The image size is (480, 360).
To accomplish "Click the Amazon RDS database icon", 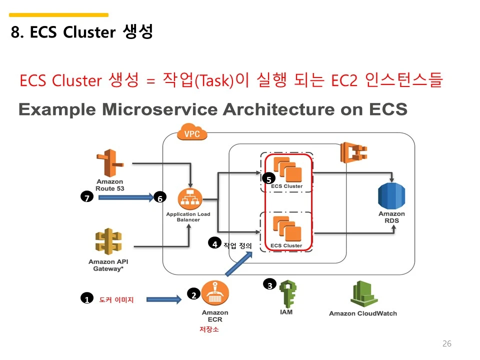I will click(391, 196).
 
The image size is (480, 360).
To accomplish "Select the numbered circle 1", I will click(86, 299).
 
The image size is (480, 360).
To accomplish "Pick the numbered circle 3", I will click(269, 285).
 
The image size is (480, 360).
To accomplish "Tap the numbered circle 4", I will click(215, 244).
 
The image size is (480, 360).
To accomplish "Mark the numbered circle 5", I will click(268, 179).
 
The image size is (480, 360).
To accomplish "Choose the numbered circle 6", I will click(160, 198).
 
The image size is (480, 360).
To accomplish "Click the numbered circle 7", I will click(87, 198).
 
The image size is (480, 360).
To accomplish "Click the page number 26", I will click(447, 343).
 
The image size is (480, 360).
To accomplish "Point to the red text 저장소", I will click(209, 329).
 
